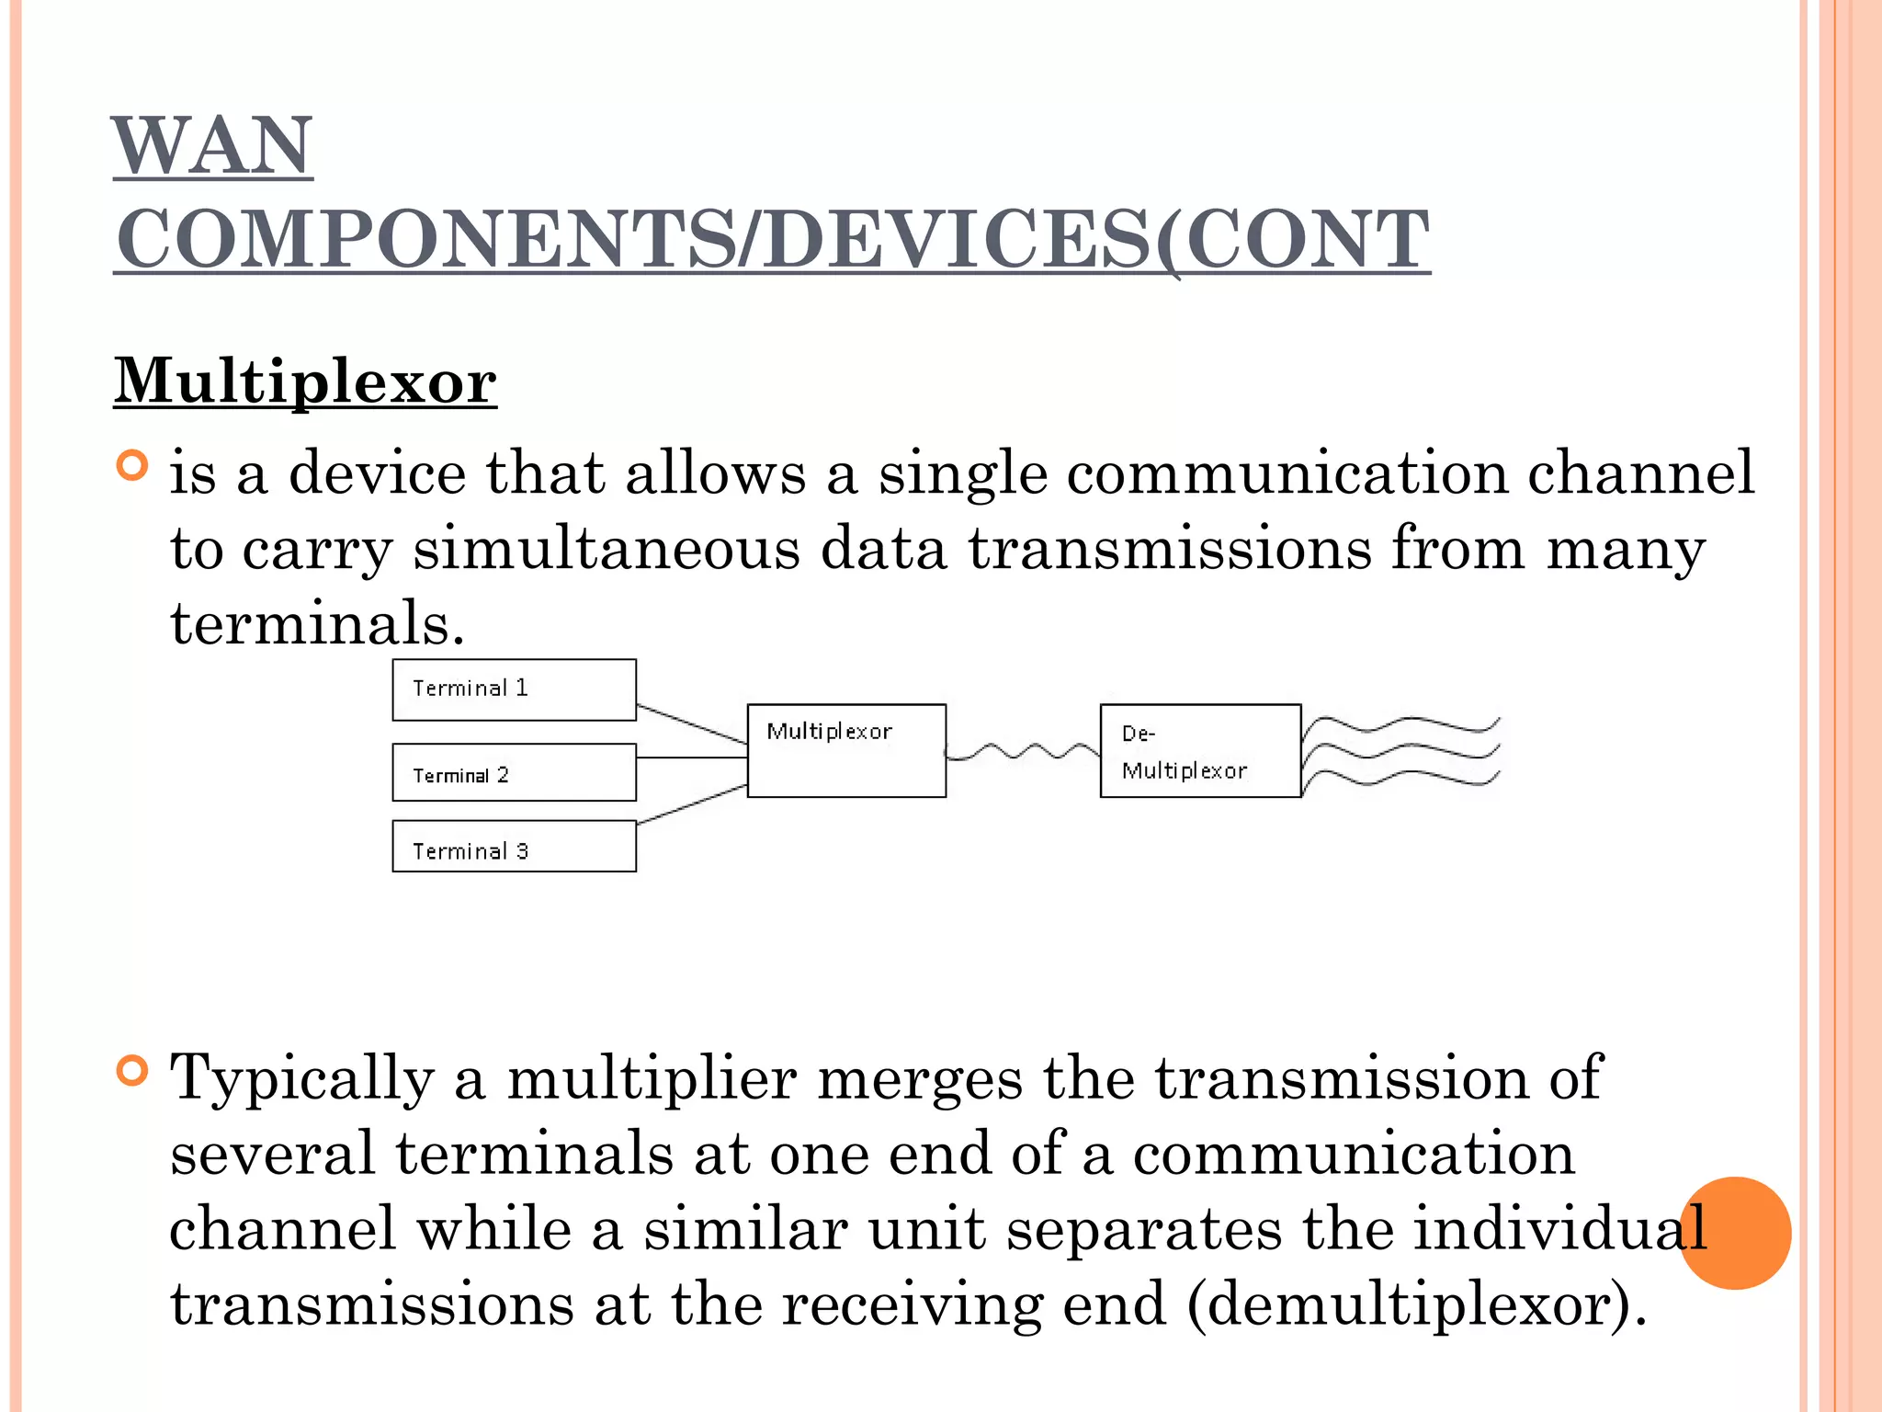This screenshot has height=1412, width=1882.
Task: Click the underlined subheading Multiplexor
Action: click(x=305, y=381)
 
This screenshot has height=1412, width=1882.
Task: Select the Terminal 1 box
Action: click(x=514, y=689)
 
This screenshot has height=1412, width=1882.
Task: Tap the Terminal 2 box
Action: click(x=514, y=773)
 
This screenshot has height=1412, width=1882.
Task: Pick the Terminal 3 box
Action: click(x=514, y=847)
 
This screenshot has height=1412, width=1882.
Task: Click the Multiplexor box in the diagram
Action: click(x=846, y=751)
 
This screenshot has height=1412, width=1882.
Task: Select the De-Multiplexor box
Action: click(x=1200, y=751)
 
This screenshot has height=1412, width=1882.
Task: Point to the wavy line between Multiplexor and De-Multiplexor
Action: click(x=1022, y=753)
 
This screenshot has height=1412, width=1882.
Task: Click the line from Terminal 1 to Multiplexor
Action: click(x=691, y=723)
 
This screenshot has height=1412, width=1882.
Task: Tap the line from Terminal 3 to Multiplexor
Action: click(x=691, y=805)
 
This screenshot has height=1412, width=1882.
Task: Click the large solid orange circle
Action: click(x=1735, y=1233)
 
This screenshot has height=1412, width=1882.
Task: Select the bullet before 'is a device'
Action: click(x=133, y=466)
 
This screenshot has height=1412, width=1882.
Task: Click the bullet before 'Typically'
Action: click(x=133, y=1071)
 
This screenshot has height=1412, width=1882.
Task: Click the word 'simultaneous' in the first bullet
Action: click(x=607, y=550)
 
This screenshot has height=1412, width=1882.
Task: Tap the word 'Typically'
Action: click(x=302, y=1079)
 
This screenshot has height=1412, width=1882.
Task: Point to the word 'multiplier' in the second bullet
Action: click(x=652, y=1077)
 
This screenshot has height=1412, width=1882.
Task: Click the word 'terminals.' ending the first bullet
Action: click(x=318, y=623)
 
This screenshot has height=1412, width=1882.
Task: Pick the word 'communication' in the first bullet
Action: click(x=1287, y=473)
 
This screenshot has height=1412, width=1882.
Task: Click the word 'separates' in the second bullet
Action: click(x=1143, y=1229)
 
